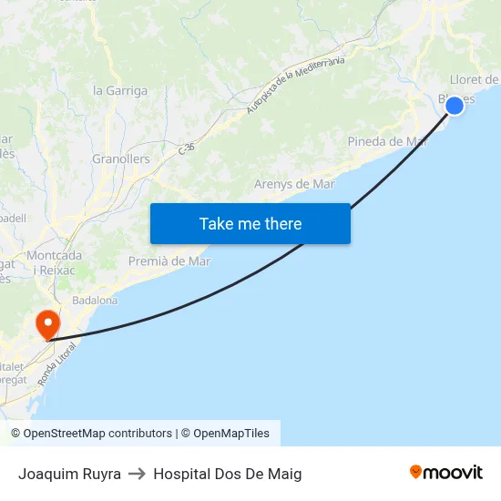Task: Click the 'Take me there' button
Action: [x=250, y=223]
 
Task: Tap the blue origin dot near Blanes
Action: [x=455, y=106]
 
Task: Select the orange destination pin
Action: [x=46, y=324]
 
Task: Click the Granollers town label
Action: [x=120, y=158]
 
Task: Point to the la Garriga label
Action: [x=120, y=90]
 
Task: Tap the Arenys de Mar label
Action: [x=294, y=184]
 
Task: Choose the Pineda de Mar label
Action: [x=387, y=141]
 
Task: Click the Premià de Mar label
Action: [x=169, y=261]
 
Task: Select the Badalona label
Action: [x=95, y=300]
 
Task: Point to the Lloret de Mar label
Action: [x=474, y=79]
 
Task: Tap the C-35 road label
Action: [x=187, y=148]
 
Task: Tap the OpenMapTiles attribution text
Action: [x=231, y=434]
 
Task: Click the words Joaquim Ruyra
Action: [x=69, y=474]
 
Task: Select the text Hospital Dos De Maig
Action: [x=228, y=474]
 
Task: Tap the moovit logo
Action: [x=445, y=472]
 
